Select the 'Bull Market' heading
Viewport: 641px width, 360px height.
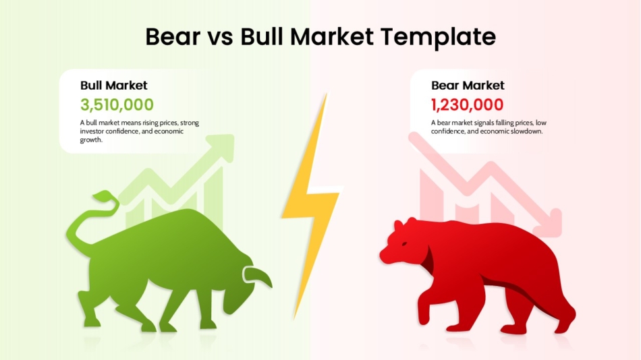pyautogui.click(x=113, y=86)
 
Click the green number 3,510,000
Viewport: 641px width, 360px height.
pyautogui.click(x=117, y=104)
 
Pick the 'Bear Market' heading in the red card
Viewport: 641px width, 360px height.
pyautogui.click(x=468, y=86)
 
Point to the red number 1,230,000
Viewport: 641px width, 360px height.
pyautogui.click(x=468, y=104)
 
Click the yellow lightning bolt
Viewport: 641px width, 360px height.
pyautogui.click(x=311, y=204)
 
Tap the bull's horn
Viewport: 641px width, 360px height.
pyautogui.click(x=258, y=274)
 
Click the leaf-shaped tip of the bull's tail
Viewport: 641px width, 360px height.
pyautogui.click(x=105, y=196)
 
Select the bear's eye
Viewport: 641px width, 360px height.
pyautogui.click(x=404, y=244)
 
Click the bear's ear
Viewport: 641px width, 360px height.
pyautogui.click(x=398, y=224)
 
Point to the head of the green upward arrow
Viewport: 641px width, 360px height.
pyautogui.click(x=222, y=148)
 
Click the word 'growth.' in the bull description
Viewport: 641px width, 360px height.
pyautogui.click(x=91, y=140)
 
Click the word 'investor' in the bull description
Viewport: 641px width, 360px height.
pyautogui.click(x=92, y=131)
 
